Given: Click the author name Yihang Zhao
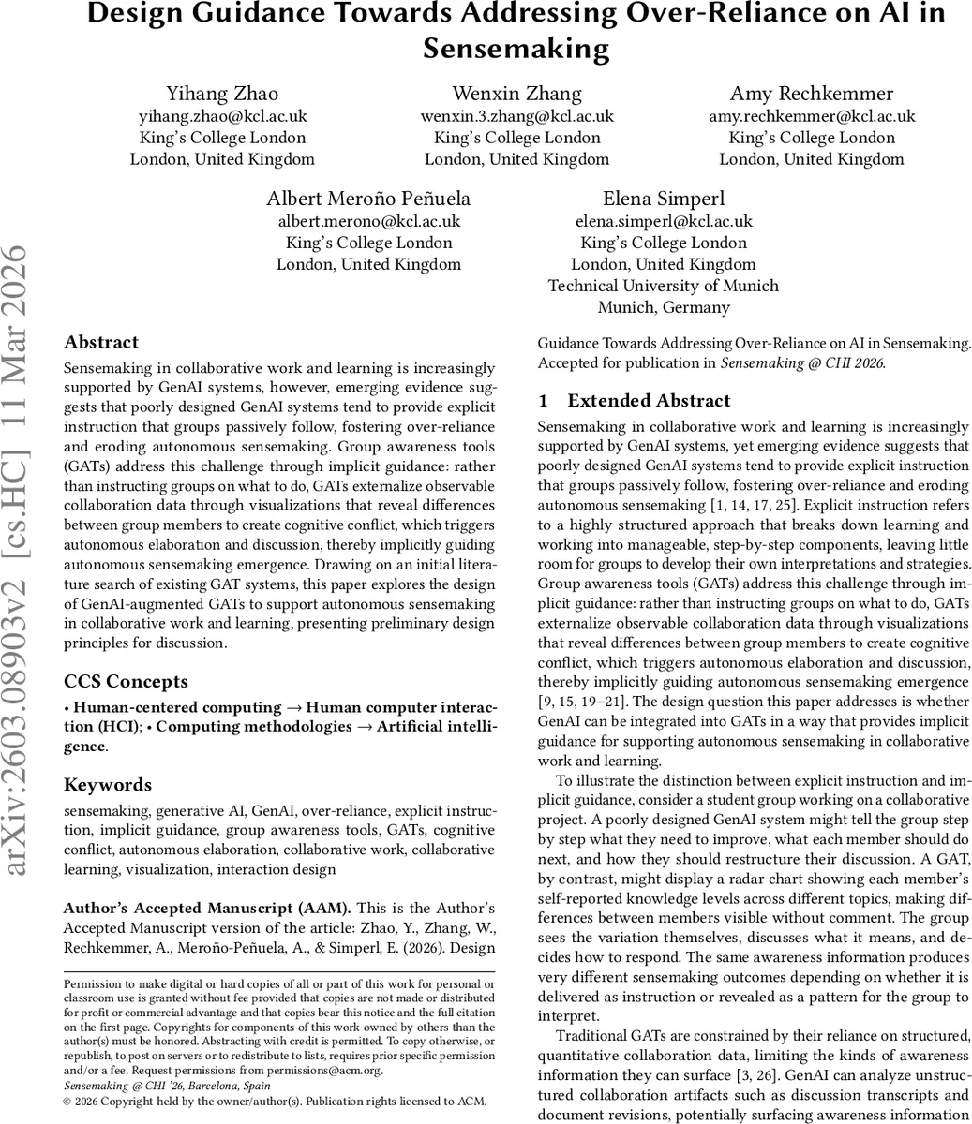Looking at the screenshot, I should point(222,94).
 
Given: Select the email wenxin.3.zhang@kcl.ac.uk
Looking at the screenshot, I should point(516,116).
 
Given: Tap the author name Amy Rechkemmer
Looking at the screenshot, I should point(811,94).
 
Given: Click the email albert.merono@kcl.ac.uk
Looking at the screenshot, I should point(368,221).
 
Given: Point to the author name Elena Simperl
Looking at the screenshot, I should point(663,199).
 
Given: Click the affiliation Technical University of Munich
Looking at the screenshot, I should point(663,286).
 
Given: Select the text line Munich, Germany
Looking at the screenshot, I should point(663,307).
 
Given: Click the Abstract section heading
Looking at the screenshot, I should point(101,342).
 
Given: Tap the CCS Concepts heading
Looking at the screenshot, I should point(126,681).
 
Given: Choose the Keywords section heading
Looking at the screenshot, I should point(107,784).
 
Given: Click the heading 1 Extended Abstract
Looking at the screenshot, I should point(635,400).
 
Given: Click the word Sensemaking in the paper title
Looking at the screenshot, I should point(516,48).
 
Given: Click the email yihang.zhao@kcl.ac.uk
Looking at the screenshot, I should point(222,116).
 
